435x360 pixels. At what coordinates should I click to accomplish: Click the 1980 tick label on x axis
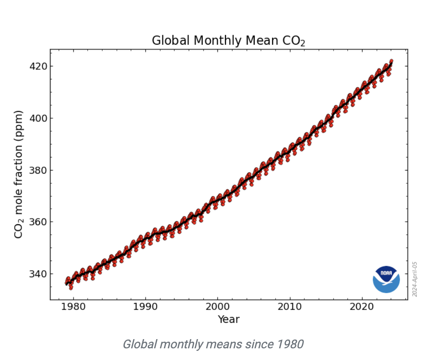click(73, 307)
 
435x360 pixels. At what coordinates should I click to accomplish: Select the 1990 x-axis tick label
click(146, 307)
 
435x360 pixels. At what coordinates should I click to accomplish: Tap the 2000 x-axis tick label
click(217, 307)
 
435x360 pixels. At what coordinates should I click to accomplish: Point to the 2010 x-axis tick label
click(290, 307)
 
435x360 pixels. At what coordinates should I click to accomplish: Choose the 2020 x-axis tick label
click(362, 307)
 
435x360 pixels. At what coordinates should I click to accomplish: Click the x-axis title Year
click(228, 319)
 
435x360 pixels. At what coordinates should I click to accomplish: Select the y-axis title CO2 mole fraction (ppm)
click(19, 174)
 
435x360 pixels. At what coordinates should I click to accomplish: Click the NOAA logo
click(386, 279)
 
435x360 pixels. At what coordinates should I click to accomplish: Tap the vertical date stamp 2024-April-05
click(415, 279)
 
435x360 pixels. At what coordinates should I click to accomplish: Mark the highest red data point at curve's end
click(391, 61)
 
